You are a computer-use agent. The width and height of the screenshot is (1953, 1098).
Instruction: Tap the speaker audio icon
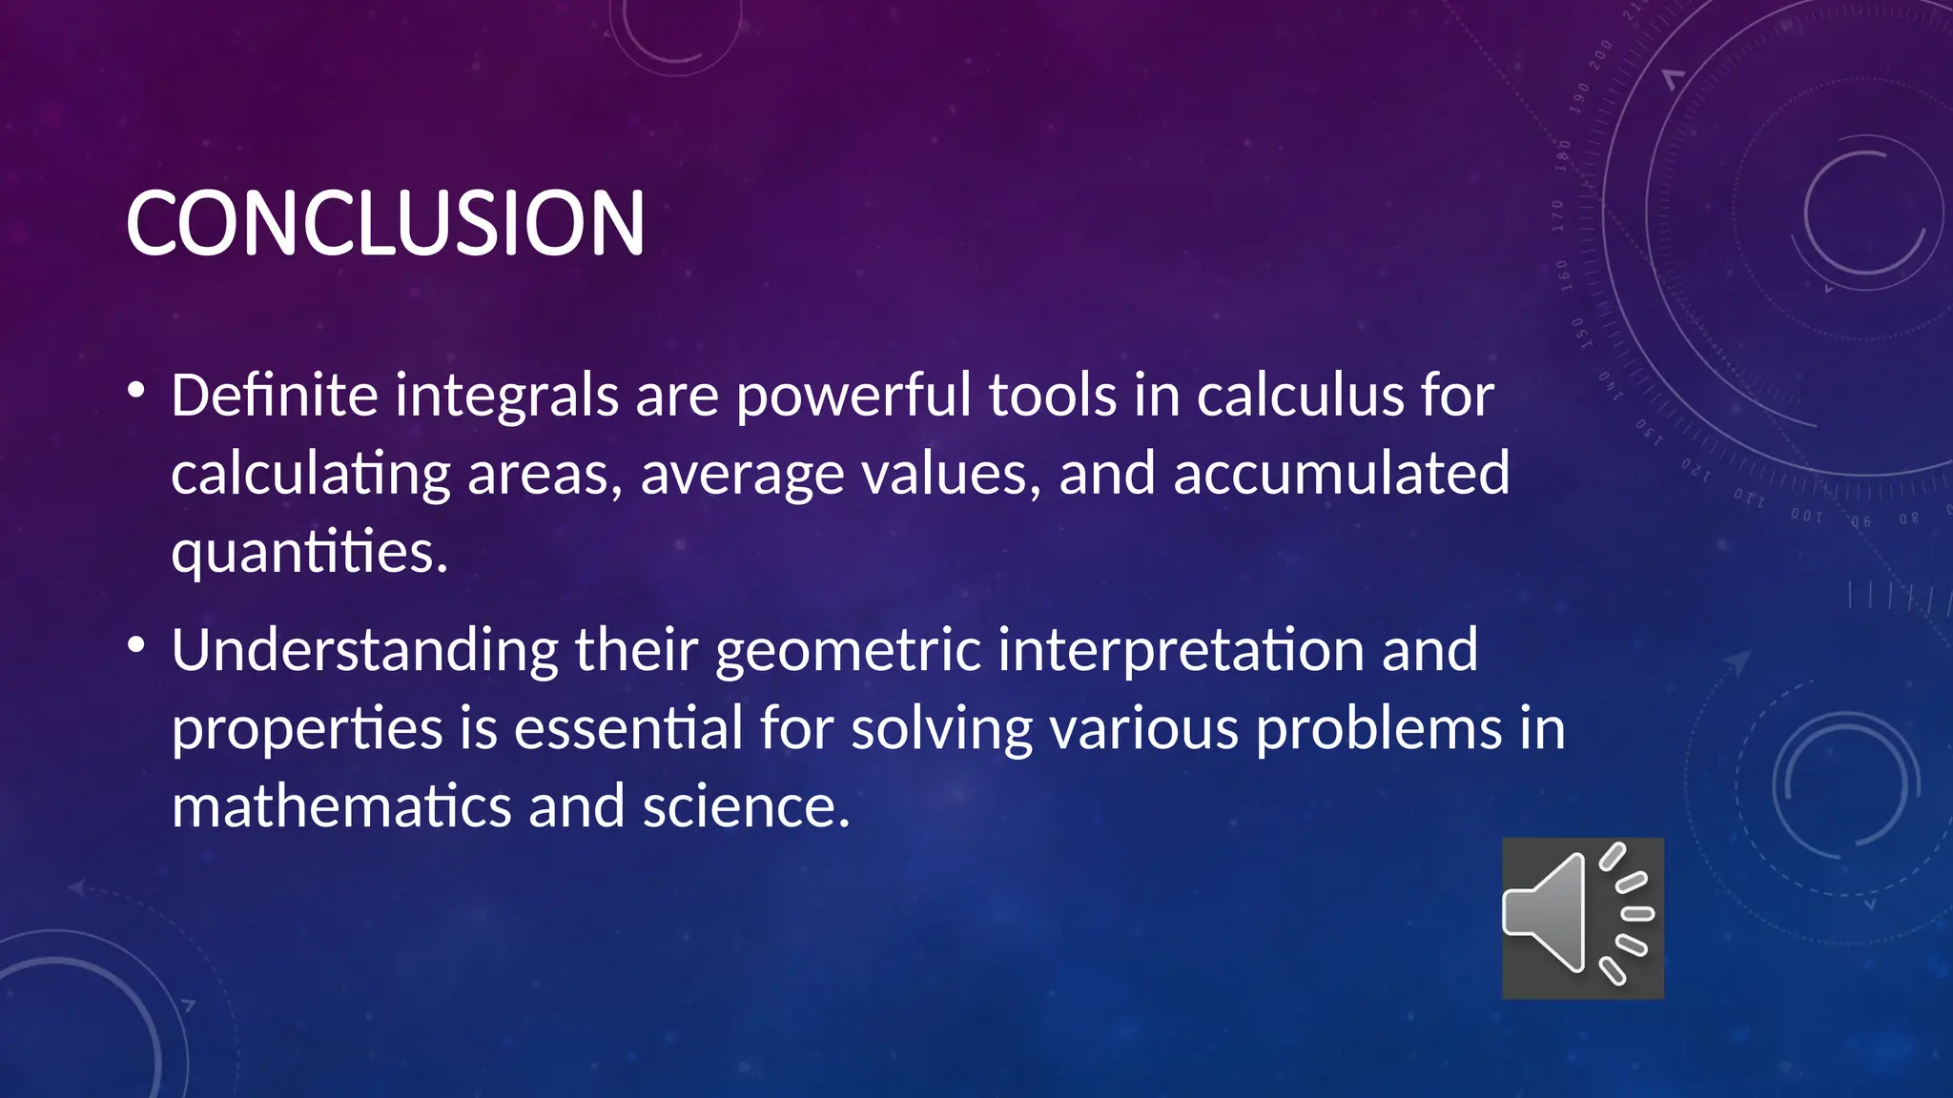click(1582, 918)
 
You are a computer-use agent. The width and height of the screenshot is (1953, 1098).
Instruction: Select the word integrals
click(506, 396)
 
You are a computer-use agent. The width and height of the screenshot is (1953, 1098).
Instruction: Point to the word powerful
click(853, 396)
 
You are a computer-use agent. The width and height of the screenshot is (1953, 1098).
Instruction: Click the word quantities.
click(309, 553)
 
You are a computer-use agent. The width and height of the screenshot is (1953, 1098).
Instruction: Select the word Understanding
click(364, 651)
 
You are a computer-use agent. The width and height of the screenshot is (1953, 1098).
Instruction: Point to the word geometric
click(848, 651)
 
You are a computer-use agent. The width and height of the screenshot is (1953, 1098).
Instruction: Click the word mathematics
click(341, 806)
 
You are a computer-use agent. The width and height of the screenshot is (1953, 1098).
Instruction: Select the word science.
click(745, 806)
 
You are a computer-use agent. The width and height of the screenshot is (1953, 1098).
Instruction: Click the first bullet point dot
click(136, 390)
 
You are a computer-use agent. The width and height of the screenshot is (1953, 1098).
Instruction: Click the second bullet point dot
click(136, 645)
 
